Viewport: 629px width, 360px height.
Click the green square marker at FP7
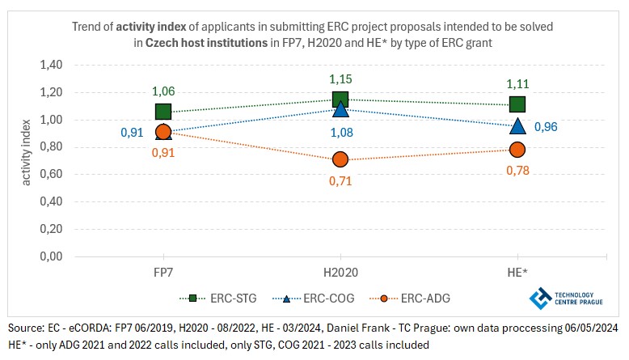(x=163, y=112)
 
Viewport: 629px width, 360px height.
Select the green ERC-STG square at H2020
(x=340, y=100)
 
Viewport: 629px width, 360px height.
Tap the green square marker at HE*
(x=517, y=104)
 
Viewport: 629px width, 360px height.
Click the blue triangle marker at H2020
(x=340, y=108)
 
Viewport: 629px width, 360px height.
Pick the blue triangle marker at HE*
(x=517, y=125)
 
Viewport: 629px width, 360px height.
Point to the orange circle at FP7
(x=163, y=132)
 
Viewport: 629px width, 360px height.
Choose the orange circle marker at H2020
(x=340, y=159)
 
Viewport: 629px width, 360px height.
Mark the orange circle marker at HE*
(x=517, y=150)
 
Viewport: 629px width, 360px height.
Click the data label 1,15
(x=340, y=80)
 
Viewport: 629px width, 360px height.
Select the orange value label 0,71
(x=340, y=181)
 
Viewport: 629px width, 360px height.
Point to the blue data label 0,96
(x=546, y=126)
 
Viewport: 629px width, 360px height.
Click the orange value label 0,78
(x=517, y=171)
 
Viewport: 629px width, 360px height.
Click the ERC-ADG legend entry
(x=413, y=298)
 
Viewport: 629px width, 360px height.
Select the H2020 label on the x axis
(x=340, y=270)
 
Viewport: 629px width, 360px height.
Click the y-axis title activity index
(x=27, y=160)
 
